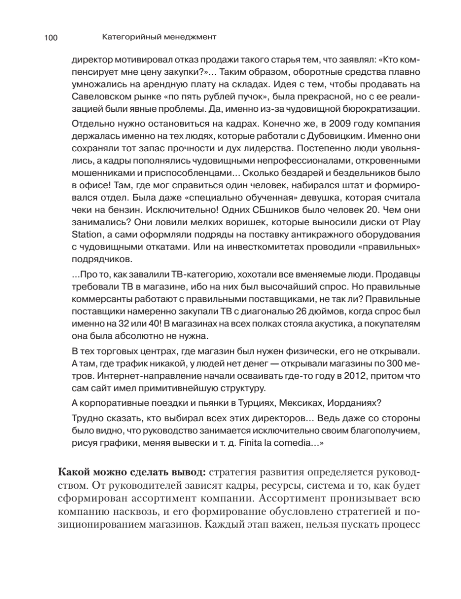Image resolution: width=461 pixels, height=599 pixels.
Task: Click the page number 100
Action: (x=51, y=37)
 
